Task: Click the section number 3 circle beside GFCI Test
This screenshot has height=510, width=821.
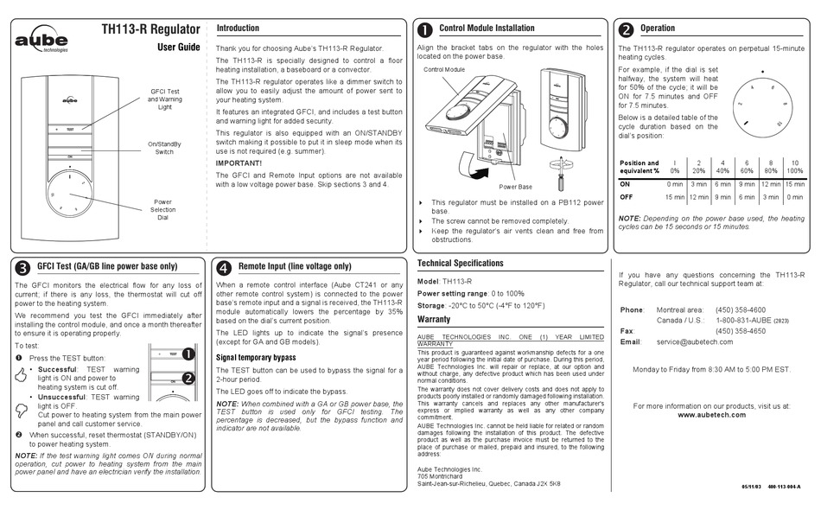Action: point(22,267)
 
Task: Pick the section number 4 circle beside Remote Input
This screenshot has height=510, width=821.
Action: point(223,267)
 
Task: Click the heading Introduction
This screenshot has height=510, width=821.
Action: point(238,29)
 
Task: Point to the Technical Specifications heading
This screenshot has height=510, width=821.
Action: point(460,263)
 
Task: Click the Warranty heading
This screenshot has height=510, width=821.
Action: point(434,319)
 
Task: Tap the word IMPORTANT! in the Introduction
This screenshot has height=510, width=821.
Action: point(239,163)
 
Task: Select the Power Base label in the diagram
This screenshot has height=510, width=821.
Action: point(515,186)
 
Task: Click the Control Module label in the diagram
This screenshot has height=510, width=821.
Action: point(444,69)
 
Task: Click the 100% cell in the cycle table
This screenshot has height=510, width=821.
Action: point(794,171)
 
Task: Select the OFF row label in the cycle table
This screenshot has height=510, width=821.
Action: point(627,197)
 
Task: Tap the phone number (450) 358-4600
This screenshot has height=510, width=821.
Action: point(740,309)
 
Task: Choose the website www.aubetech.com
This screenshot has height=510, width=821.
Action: point(710,415)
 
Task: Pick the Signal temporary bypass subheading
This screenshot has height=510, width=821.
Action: point(257,357)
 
